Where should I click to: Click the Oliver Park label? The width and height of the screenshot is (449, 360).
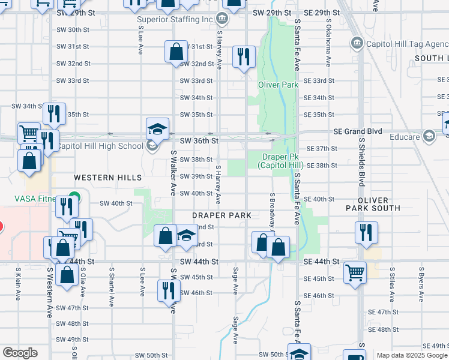pos(278,85)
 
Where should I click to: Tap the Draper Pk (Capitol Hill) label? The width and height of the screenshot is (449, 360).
pos(280,161)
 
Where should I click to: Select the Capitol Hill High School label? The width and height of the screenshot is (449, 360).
pos(100,146)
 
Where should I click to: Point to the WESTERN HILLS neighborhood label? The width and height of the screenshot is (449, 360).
pos(108,178)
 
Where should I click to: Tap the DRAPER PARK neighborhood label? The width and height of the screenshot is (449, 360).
pos(221,215)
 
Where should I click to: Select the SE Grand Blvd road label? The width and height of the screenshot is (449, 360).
pos(358,131)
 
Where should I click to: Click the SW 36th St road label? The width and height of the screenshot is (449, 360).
pos(197,140)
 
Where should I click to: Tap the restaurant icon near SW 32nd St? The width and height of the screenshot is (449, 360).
pos(243,57)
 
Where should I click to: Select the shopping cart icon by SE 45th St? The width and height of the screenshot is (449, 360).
pos(355,272)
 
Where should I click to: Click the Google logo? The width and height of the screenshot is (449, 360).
pos(20,353)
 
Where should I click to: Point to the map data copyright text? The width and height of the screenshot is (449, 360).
pos(412,355)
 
